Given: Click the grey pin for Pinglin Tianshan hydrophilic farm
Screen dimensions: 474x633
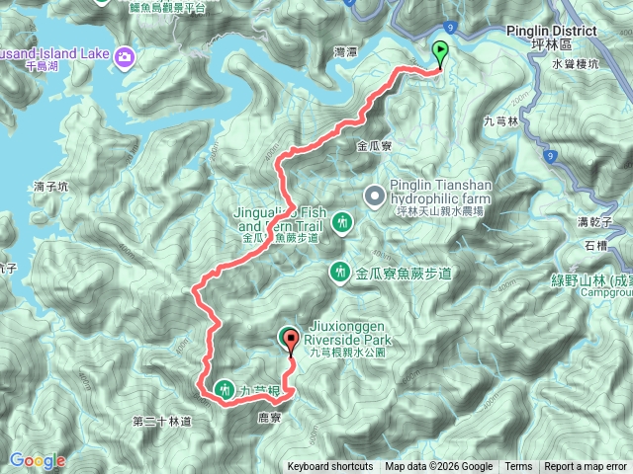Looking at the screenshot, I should [x=375, y=196].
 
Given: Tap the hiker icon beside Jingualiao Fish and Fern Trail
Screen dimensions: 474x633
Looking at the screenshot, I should [x=341, y=222].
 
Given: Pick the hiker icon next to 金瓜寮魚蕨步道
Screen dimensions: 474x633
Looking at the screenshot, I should [x=341, y=270].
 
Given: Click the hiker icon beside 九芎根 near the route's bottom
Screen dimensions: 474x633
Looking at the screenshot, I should [x=224, y=389].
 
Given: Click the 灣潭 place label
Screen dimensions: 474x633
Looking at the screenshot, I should [x=345, y=51].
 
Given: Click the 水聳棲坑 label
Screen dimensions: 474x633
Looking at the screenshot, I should [x=572, y=63].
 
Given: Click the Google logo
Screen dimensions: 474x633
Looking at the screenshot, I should [x=37, y=460].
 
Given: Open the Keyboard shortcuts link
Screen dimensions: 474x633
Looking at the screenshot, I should [x=330, y=467].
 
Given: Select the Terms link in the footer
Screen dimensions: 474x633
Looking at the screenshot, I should [x=518, y=467].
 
